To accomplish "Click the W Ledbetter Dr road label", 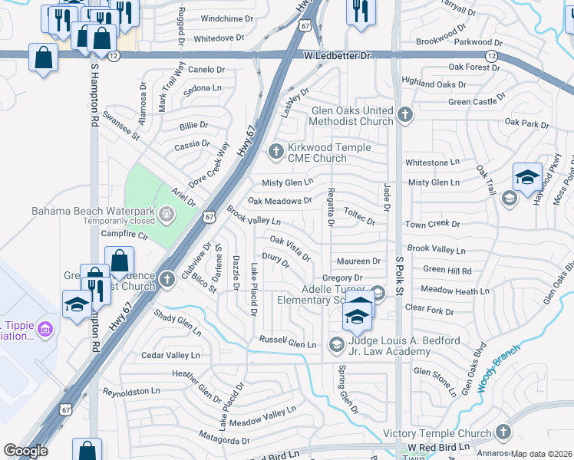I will tap(337, 56).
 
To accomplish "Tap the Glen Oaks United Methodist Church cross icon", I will tap(405, 116).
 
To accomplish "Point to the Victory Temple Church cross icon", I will tap(503, 432).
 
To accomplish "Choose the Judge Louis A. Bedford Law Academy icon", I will tap(336, 345).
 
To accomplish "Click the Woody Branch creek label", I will tap(498, 368).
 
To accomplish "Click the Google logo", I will tap(25, 451).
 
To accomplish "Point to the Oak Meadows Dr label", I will tap(279, 201).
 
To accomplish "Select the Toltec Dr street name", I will tap(359, 216).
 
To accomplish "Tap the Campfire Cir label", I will tap(124, 233).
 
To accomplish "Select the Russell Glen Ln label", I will tap(288, 342).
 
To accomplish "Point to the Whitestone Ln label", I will tap(432, 163).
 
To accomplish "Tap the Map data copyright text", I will tap(541, 454).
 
